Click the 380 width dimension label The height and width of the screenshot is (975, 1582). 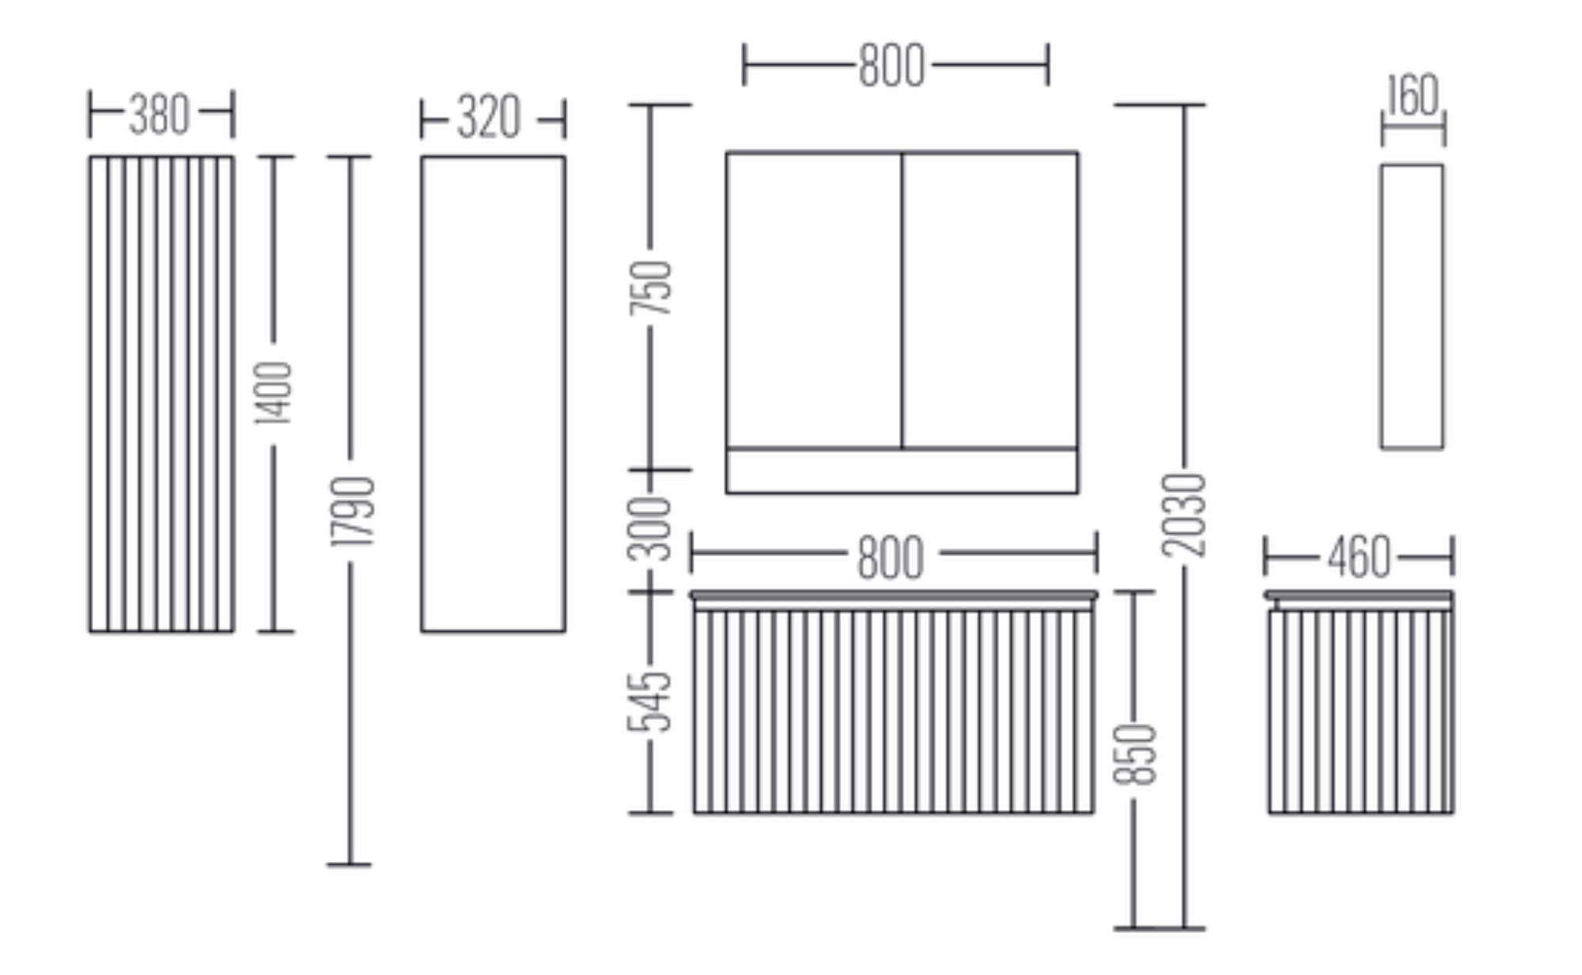coord(159,115)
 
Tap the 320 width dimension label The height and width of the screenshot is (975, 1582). coord(489,118)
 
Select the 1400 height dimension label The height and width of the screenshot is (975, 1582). coord(274,393)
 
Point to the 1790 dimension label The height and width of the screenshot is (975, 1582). coord(352,512)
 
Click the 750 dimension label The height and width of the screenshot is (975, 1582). coord(650,288)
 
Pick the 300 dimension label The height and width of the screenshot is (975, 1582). coord(649,529)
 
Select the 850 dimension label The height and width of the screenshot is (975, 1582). coord(1134,754)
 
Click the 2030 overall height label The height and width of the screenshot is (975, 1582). coord(1184,515)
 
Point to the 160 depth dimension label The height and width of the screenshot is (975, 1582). coord(1413,95)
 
